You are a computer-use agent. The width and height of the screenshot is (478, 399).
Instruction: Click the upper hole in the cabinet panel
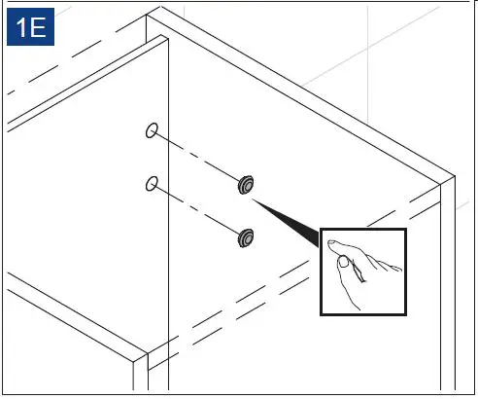(151, 130)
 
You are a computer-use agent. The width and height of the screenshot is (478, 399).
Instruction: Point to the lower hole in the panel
(151, 182)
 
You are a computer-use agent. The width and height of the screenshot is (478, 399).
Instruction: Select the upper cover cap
(247, 183)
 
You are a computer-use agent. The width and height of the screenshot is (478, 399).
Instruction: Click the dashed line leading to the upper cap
(198, 157)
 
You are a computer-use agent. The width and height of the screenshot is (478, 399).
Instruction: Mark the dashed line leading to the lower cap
(198, 208)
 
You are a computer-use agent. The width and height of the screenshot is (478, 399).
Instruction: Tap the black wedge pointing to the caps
(291, 220)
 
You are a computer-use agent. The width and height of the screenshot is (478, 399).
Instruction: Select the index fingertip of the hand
(330, 240)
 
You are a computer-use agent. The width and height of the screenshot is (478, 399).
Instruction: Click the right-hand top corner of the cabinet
(454, 178)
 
